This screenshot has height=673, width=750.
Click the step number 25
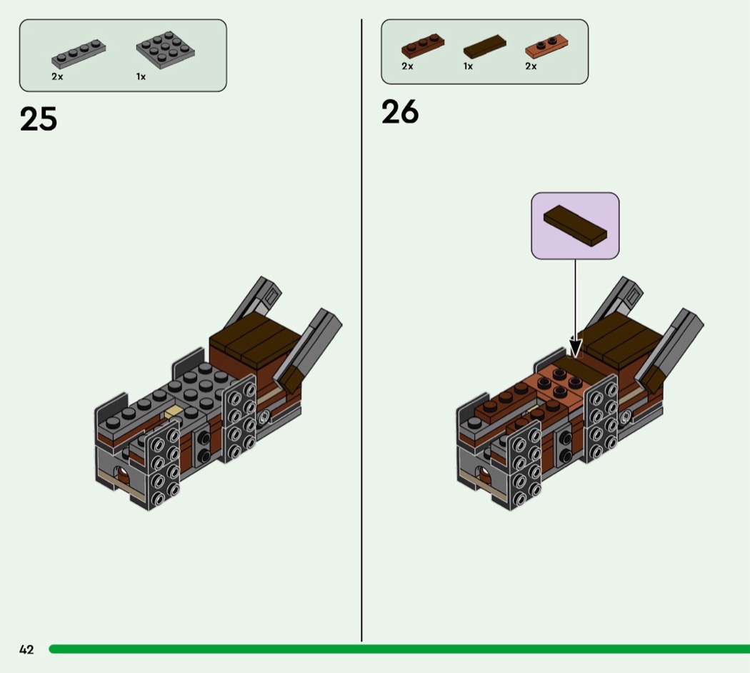coord(39,119)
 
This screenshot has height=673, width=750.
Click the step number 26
coord(400,112)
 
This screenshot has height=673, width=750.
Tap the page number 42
coord(26,649)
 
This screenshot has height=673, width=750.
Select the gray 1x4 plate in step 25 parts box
coord(79,54)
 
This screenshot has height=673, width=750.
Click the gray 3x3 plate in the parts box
coord(166,50)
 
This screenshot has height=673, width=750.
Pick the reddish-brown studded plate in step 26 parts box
coord(422,46)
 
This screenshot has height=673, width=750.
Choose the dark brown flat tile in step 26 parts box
coord(484,46)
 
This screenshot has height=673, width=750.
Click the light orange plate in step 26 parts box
coord(546,46)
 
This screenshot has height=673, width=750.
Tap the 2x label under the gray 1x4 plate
coord(57,76)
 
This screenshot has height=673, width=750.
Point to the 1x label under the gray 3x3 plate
coord(141,76)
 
